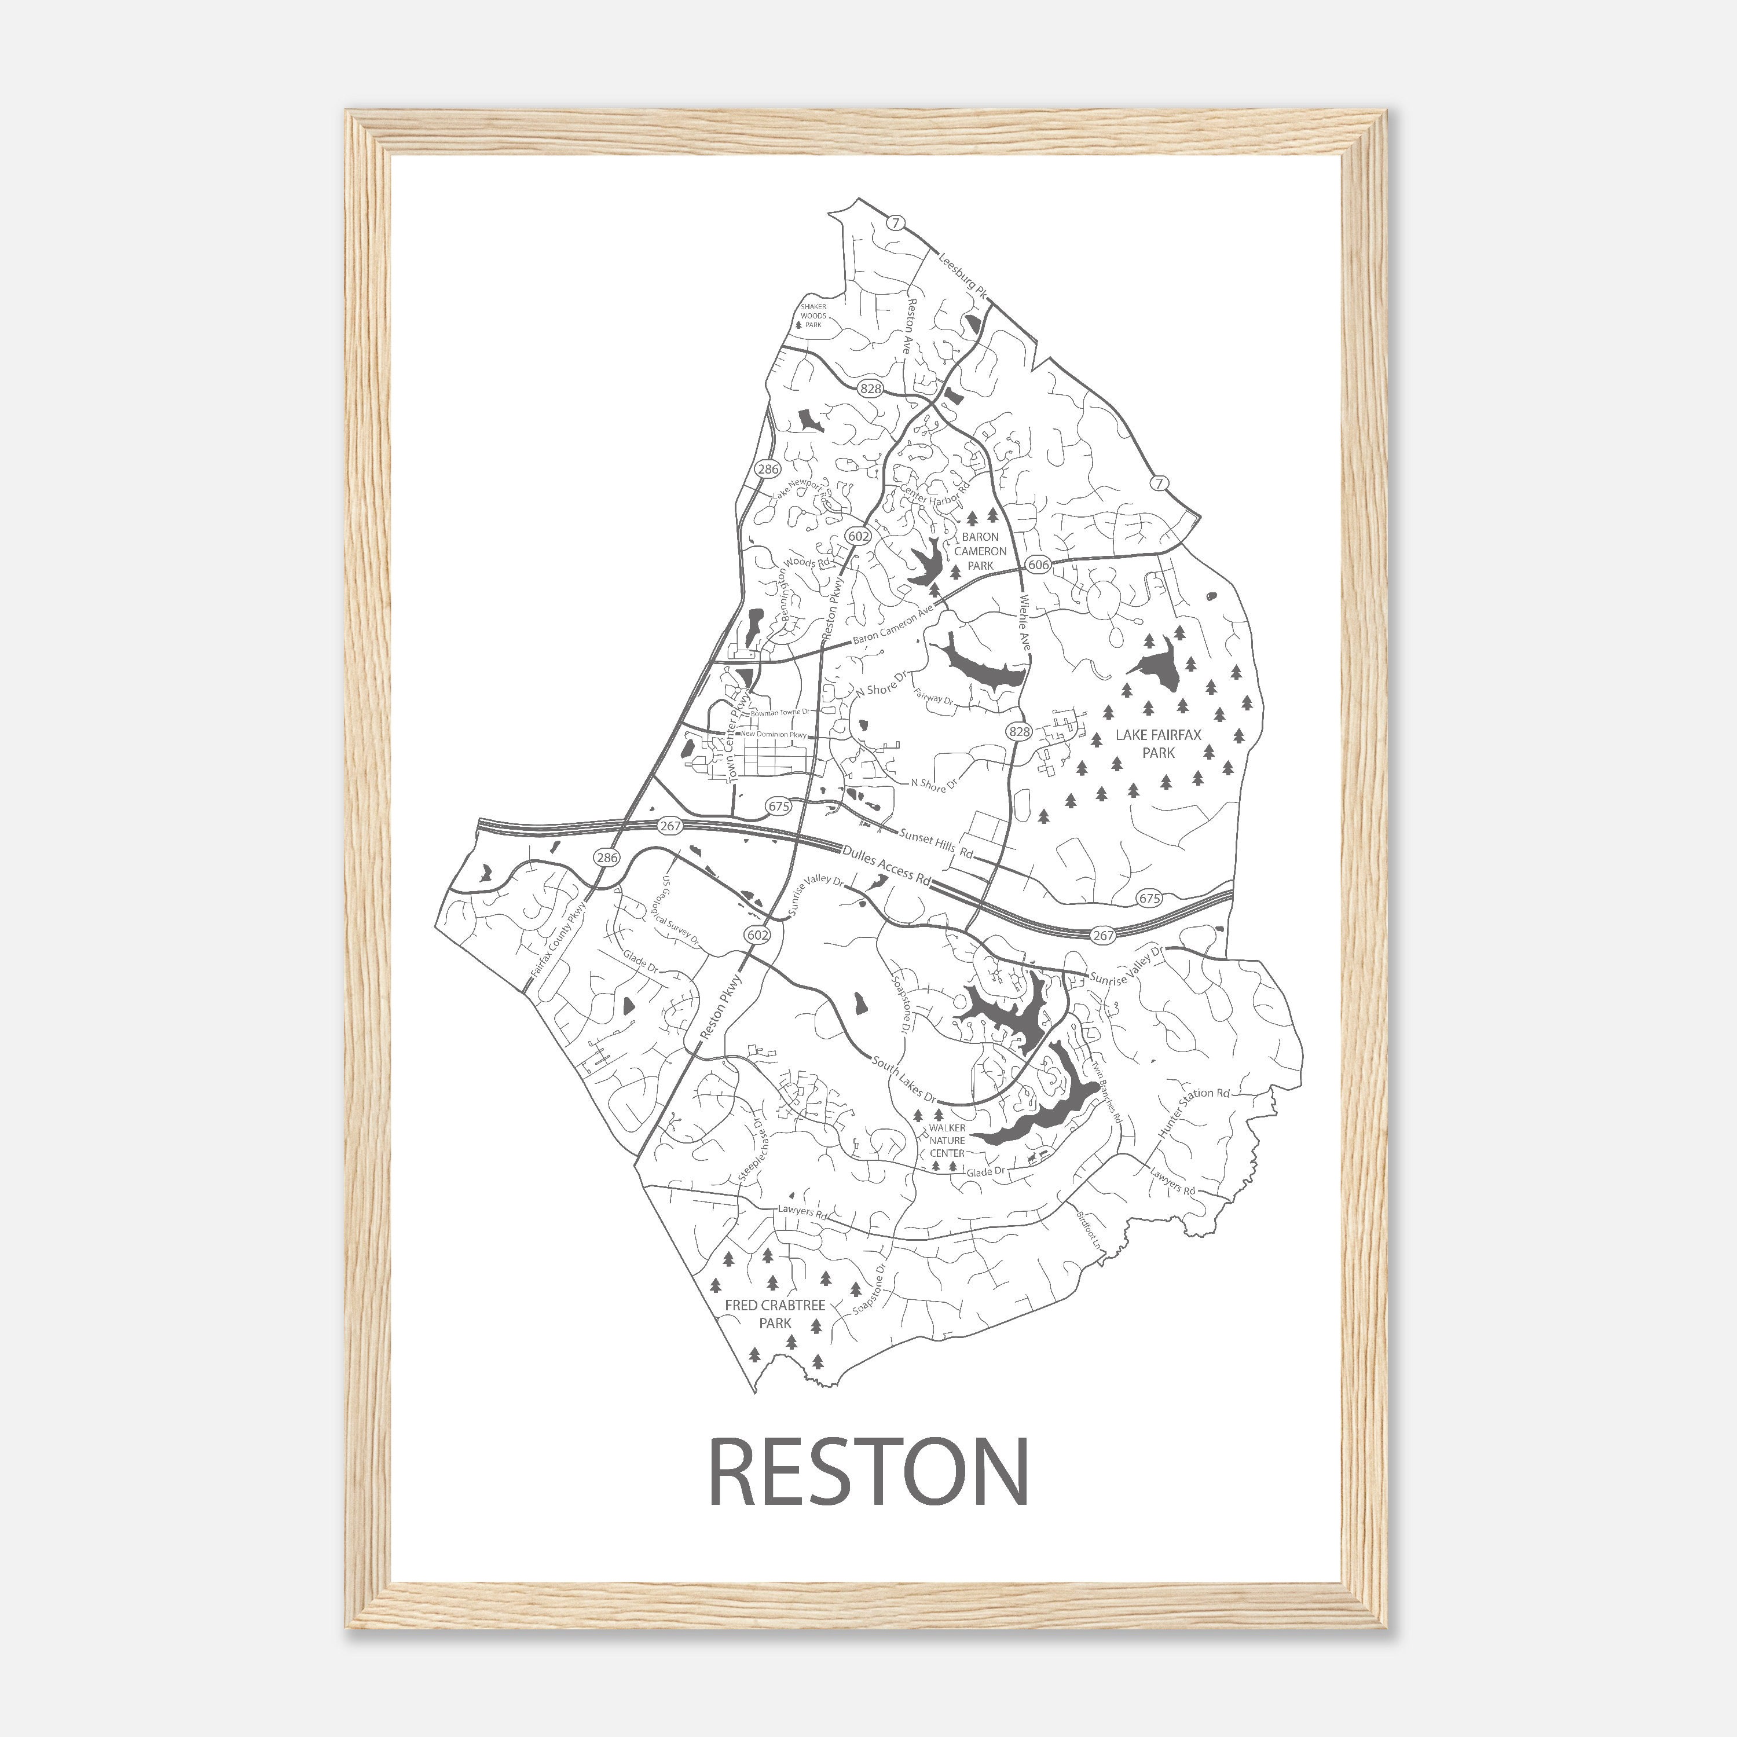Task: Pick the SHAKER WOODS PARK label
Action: (x=813, y=316)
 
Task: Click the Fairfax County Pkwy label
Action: (x=558, y=940)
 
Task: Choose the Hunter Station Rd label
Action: (x=1193, y=1111)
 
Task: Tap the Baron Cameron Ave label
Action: (x=893, y=626)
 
